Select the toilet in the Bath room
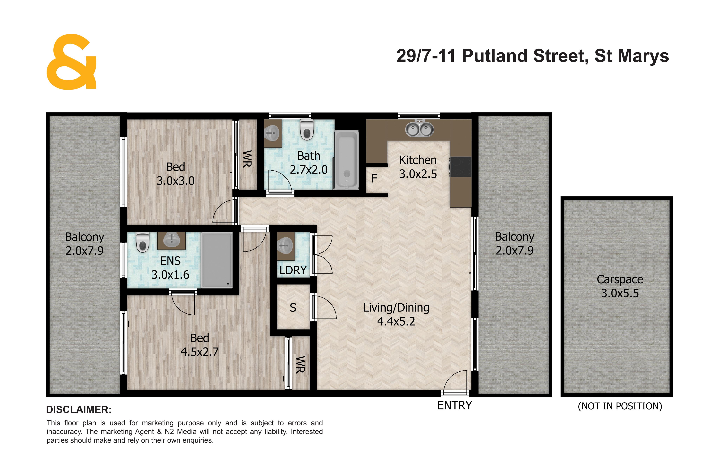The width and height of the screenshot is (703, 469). [307, 129]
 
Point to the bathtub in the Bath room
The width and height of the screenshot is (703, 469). [346, 159]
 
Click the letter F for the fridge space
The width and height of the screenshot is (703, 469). [374, 178]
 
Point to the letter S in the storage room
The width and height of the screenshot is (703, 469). [293, 308]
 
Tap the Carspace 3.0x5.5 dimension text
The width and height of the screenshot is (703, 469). [620, 293]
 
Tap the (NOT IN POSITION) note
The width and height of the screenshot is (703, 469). [620, 406]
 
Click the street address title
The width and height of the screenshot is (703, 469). [533, 56]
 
